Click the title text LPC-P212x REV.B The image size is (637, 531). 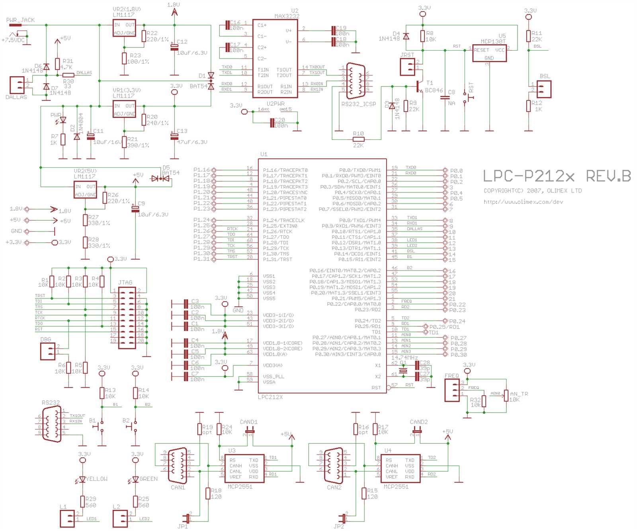coord(557,176)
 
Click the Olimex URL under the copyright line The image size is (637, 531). coord(523,202)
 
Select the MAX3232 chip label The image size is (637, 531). coord(287,16)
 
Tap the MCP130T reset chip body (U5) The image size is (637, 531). coord(489,53)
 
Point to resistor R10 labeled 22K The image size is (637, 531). coord(358,139)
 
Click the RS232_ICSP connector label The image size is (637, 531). coord(358,104)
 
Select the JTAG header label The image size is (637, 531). coord(125,282)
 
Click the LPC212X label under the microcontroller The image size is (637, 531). coord(270,397)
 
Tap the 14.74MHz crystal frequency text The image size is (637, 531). coord(404,358)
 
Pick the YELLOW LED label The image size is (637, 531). coord(96,479)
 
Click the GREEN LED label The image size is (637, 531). coord(149,479)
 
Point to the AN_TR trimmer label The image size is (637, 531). coord(519,394)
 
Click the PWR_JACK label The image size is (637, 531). coord(20,20)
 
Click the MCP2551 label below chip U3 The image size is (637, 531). coord(240,487)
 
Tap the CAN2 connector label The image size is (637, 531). coord(334,487)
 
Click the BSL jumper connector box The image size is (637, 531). coord(544,89)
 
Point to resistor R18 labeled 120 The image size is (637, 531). coord(208,494)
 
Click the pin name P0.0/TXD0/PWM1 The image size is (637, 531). coord(360,170)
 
